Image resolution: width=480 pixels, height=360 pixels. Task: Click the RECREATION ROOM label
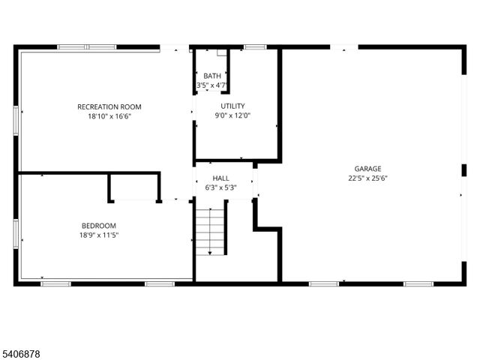[x=109, y=106]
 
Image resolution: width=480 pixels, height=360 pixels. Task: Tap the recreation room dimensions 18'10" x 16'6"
[x=109, y=116]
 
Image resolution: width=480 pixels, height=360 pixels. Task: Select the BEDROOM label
[x=99, y=225]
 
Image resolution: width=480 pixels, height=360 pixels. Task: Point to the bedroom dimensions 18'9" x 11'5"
[x=99, y=235]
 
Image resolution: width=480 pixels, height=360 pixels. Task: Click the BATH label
[x=211, y=76]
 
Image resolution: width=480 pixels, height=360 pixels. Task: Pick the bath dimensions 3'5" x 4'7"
[x=211, y=85]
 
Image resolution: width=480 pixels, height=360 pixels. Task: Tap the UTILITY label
[x=232, y=106]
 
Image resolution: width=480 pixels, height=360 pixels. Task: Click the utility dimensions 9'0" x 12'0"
[x=232, y=115]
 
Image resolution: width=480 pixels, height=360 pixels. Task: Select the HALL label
[x=220, y=178]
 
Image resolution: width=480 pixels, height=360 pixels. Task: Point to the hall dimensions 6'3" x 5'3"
[x=220, y=187]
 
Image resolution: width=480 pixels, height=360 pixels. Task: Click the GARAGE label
[x=367, y=169]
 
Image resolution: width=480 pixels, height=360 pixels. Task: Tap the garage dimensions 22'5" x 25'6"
[x=367, y=178]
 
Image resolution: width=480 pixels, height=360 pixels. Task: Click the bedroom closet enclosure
[x=134, y=187]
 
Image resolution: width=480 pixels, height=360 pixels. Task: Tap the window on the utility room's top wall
[x=255, y=47]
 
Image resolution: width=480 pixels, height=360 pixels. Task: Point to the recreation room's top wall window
[x=87, y=47]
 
